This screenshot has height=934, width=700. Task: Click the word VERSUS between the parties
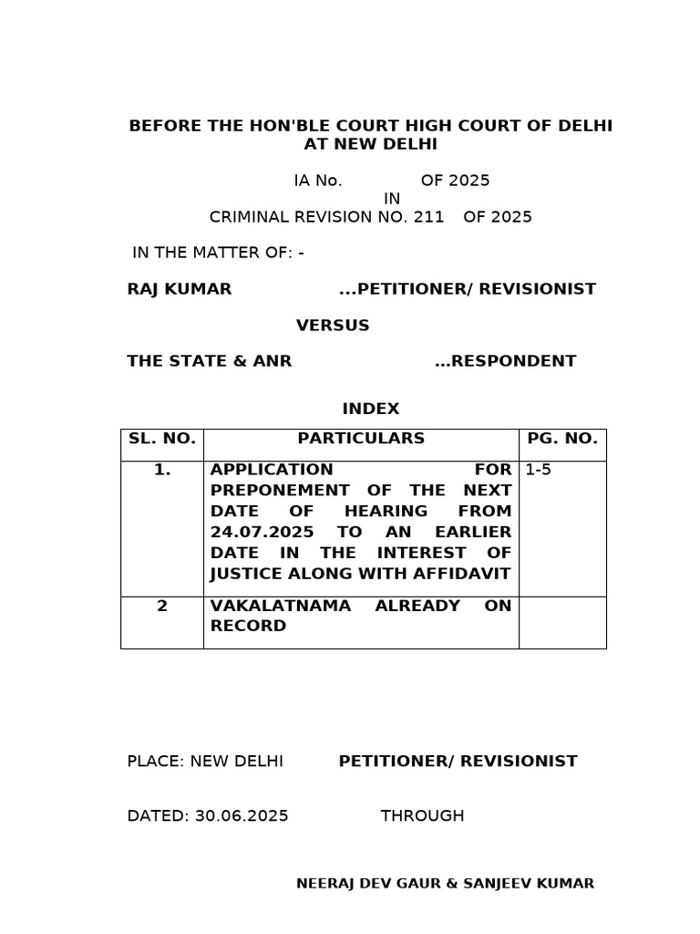coord(333,326)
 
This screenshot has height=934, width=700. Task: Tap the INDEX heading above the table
coord(371,409)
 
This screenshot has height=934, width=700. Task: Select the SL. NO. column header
coord(162,439)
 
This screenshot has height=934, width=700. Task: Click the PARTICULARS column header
coord(361,439)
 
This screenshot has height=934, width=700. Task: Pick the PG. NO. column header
coord(562,439)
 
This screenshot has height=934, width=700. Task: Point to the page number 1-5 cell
coord(539,471)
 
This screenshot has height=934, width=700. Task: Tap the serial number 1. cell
coord(162,471)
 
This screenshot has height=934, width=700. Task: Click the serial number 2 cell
coord(162,606)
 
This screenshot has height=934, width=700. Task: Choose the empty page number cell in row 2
coord(562,622)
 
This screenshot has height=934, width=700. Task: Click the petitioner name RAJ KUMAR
coord(180,289)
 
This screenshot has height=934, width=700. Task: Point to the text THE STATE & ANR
coord(210,361)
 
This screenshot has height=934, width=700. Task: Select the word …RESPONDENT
coord(505,361)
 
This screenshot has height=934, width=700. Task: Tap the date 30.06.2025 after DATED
coord(242,815)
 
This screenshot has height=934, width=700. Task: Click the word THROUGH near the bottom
coord(422,815)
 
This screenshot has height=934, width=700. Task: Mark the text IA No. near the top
coord(318,181)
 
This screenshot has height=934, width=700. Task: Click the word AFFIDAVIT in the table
coord(465,574)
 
